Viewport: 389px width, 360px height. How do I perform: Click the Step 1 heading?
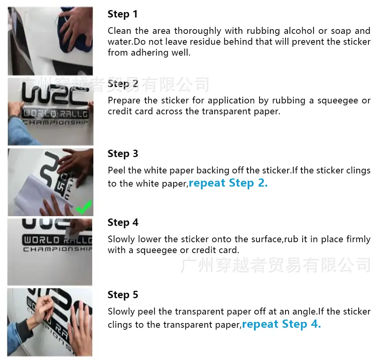tap(123, 14)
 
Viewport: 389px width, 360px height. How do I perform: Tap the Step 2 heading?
tap(123, 84)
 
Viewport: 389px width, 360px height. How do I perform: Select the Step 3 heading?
tap(123, 154)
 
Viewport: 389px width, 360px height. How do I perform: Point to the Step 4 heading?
tap(123, 223)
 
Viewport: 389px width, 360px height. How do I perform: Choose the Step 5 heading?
tap(123, 295)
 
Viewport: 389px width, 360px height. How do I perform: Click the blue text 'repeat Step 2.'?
tap(228, 183)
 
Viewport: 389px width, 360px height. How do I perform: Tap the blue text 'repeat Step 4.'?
tap(281, 324)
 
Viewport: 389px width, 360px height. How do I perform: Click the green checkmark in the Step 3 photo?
tap(84, 207)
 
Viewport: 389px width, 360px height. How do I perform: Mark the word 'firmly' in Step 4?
tap(358, 239)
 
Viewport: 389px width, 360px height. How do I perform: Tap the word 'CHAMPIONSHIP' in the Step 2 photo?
tap(56, 122)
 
